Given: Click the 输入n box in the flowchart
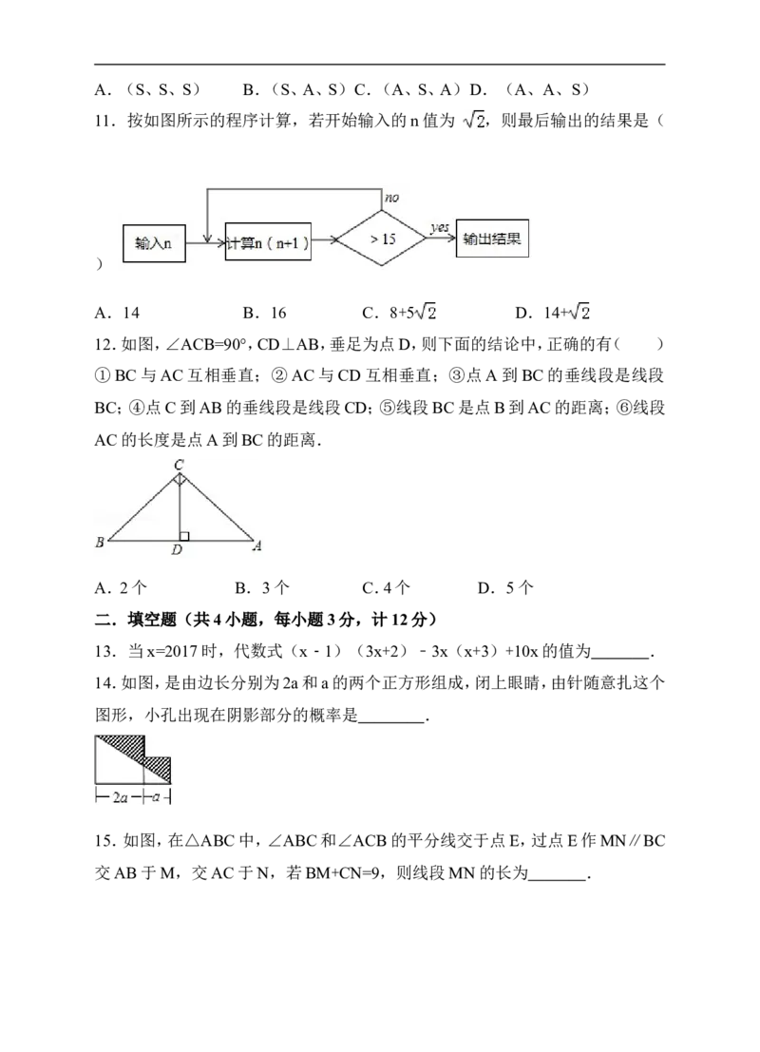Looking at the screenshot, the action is [x=154, y=243].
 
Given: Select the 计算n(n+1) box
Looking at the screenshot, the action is [x=268, y=241].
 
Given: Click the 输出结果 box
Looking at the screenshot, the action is [x=492, y=239].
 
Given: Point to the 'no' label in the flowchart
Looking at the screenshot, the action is [x=391, y=198].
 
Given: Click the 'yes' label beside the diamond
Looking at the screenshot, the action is [x=439, y=228].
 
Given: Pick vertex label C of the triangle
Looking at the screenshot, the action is [x=179, y=465].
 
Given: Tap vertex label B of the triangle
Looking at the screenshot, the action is [x=100, y=542].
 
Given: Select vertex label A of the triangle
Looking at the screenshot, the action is [x=257, y=545].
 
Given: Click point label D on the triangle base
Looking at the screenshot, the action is [x=177, y=549].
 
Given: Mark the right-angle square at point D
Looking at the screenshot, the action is [x=184, y=536].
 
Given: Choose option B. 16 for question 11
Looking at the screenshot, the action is [x=264, y=313].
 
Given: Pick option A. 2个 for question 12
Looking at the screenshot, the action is [x=121, y=588].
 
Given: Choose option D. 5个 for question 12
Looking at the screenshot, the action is [x=505, y=588].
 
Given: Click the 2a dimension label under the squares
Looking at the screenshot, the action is [x=120, y=797].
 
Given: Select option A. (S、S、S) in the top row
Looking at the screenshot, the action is [x=147, y=90].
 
